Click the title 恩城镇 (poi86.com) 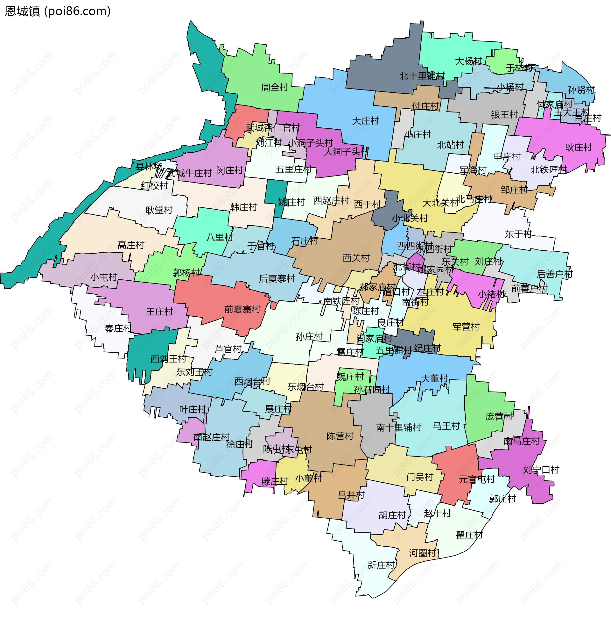pos(58,11)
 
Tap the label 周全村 pos(274,87)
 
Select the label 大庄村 pos(365,121)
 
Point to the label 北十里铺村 pos(422,76)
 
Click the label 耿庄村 pos(578,148)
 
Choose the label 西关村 pos(356,258)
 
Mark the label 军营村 pos(466,327)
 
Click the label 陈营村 pos(340,436)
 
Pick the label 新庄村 pos(381,565)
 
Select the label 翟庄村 pos(469,535)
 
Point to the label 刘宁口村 pos(541,470)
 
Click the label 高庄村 pos(130,245)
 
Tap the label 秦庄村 pos(118,328)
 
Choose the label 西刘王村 pos(168,358)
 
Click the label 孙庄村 pos(309,336)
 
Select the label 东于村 pos(518,234)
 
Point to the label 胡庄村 pos(392,515)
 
